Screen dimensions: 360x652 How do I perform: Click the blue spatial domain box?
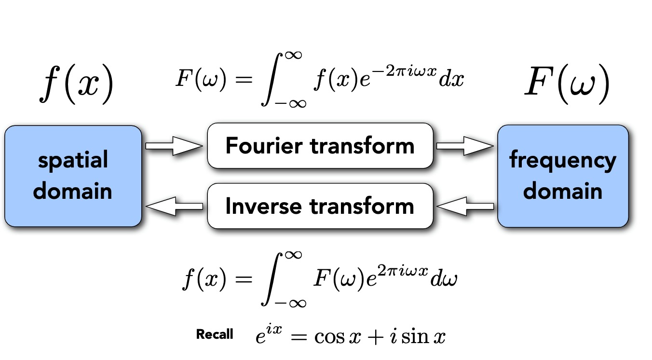tap(73, 176)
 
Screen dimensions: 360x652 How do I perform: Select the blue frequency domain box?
tap(562, 176)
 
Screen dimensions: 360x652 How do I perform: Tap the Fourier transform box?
tap(320, 146)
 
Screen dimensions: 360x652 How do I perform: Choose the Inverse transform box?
tap(320, 206)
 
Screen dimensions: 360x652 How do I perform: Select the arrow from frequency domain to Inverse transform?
tap(465, 206)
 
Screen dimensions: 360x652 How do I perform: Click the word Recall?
tap(215, 334)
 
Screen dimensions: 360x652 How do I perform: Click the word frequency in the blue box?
tap(563, 161)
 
